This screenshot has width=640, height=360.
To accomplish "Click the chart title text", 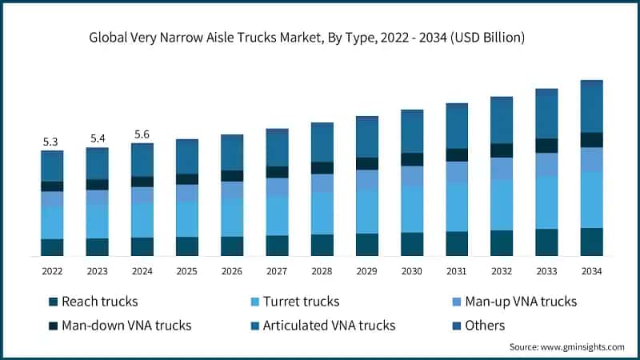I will point(320,38).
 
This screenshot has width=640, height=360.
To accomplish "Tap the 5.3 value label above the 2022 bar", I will point(52,142).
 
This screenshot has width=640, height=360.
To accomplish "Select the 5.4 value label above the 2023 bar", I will point(98,138).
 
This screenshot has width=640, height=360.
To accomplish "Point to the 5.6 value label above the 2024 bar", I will point(142,134).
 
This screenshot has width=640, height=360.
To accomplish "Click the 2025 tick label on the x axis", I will point(187,271).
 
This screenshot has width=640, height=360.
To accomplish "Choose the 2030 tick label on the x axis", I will point(412,271).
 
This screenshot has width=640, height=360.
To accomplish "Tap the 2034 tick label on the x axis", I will point(592,271).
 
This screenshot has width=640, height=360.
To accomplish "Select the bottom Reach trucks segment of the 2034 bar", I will point(592,242).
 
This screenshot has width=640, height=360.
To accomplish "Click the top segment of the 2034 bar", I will point(592,106).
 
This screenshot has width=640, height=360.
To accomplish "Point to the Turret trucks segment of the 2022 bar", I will point(52,222).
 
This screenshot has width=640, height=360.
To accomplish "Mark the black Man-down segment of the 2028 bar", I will point(322,168).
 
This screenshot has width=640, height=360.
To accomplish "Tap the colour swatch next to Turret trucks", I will point(255,302).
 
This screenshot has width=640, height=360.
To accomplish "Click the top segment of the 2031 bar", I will point(457,126).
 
